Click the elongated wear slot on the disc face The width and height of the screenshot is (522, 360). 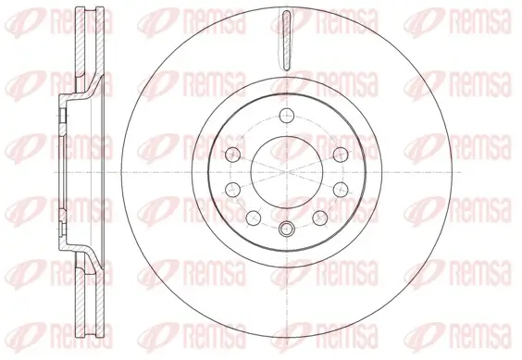[x=286, y=41]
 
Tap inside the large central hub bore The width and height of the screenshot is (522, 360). [x=287, y=172]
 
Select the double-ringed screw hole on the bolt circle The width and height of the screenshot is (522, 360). [x=287, y=229]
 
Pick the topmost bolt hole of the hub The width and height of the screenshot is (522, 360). [x=287, y=116]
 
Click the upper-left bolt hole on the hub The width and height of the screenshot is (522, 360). [x=232, y=155]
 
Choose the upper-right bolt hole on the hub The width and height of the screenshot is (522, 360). [x=341, y=155]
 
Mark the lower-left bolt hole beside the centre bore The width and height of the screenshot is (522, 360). [x=232, y=190]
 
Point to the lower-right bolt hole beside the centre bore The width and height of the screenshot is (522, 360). [x=341, y=190]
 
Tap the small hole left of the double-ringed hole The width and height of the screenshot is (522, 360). [x=254, y=217]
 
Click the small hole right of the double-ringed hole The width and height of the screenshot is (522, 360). [x=320, y=217]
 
